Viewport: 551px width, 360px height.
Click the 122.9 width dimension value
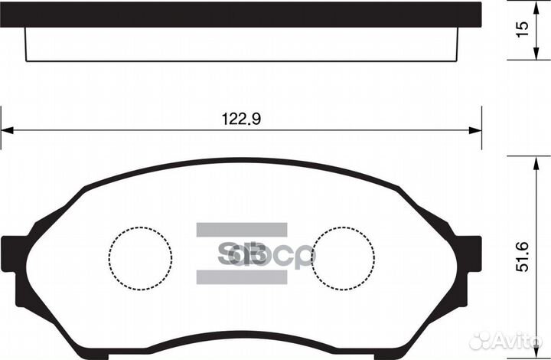click(x=237, y=119)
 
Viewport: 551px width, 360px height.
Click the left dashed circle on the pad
click(x=140, y=257)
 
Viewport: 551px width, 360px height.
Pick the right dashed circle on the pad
click(x=343, y=257)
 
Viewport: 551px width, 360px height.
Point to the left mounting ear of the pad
click(x=12, y=256)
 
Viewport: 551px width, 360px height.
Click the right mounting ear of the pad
click(x=471, y=256)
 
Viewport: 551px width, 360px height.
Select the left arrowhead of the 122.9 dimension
click(x=6, y=130)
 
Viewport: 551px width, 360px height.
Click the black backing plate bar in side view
click(x=240, y=15)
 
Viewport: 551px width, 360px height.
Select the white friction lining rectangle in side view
click(x=240, y=44)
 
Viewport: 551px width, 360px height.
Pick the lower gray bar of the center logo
click(x=241, y=277)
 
